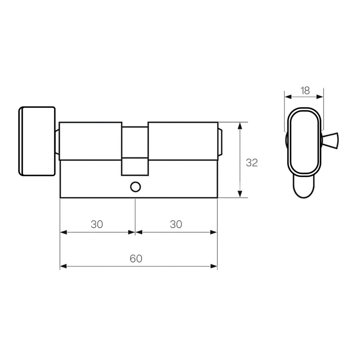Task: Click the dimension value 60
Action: pyautogui.click(x=136, y=259)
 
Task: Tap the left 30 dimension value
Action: pyautogui.click(x=97, y=224)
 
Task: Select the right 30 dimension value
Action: pyautogui.click(x=176, y=224)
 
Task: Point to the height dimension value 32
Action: pyautogui.click(x=252, y=163)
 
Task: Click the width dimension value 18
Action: pyautogui.click(x=305, y=91)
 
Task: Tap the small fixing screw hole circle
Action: pyautogui.click(x=135, y=187)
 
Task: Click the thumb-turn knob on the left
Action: pyautogui.click(x=37, y=141)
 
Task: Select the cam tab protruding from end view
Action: pyautogui.click(x=330, y=141)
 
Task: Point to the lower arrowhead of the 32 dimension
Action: pyautogui.click(x=240, y=194)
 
